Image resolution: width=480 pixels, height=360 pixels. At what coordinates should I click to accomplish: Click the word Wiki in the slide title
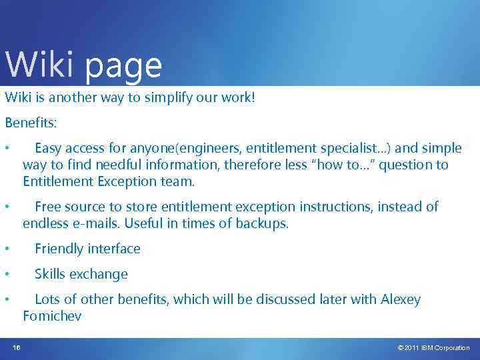(x=39, y=65)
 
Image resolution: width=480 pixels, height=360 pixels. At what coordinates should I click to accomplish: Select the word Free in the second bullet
(x=49, y=207)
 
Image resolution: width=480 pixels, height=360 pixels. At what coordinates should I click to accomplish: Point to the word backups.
(x=261, y=223)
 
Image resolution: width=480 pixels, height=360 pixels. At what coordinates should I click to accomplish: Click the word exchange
(x=101, y=274)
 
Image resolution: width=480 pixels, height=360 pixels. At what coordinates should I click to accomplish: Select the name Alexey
(x=401, y=299)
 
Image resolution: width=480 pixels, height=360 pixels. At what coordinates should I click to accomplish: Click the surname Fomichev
(x=52, y=316)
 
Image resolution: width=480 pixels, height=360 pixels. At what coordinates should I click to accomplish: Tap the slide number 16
(x=17, y=347)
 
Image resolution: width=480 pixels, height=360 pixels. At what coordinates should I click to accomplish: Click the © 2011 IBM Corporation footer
(x=433, y=348)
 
